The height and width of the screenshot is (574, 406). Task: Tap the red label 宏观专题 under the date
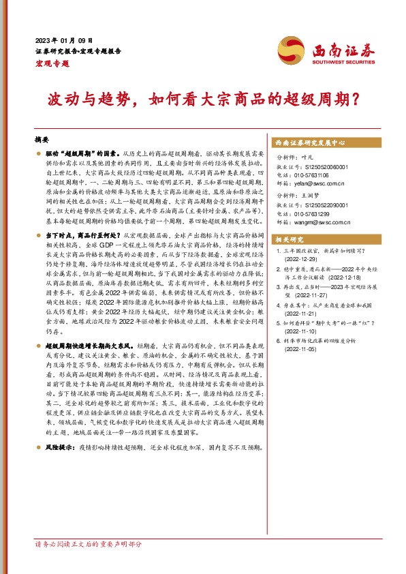click(52, 63)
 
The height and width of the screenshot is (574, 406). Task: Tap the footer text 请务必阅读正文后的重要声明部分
click(89, 564)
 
